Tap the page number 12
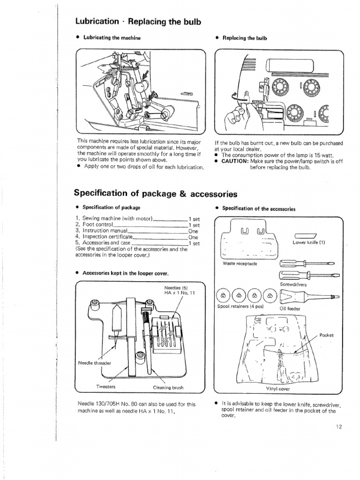340,426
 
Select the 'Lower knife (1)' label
308,242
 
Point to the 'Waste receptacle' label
240,263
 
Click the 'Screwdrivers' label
293,284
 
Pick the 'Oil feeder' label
290,309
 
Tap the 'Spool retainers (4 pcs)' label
240,307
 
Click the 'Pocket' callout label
326,335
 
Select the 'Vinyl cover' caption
277,389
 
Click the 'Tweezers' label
106,387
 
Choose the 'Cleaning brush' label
168,387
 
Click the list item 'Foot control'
96,225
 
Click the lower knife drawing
305,235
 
